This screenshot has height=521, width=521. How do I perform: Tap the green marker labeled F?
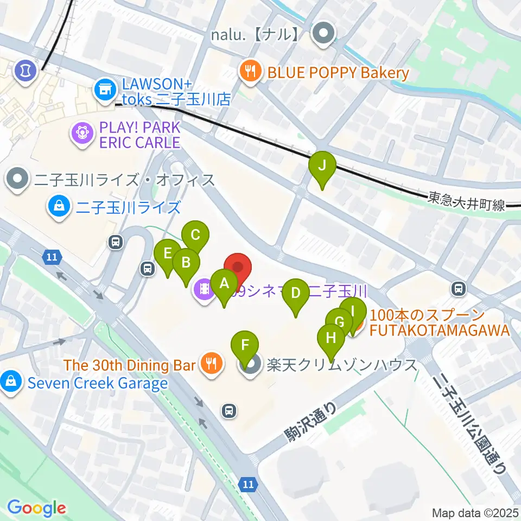click(x=245, y=346)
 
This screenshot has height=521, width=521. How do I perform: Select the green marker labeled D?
click(x=295, y=294)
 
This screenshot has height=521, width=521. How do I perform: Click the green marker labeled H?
click(x=331, y=339)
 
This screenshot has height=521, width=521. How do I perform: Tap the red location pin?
click(x=238, y=268)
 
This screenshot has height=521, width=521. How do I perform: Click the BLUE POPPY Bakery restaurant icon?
click(x=250, y=72)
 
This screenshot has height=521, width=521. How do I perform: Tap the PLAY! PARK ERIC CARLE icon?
click(x=81, y=133)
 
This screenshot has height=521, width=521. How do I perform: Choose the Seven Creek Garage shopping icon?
click(x=11, y=382)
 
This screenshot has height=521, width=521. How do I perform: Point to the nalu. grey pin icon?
click(x=324, y=34)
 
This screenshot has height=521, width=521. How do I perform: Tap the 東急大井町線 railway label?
click(x=466, y=204)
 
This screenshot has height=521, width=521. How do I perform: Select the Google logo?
click(x=36, y=507)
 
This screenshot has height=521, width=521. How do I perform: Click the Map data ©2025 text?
click(x=475, y=512)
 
